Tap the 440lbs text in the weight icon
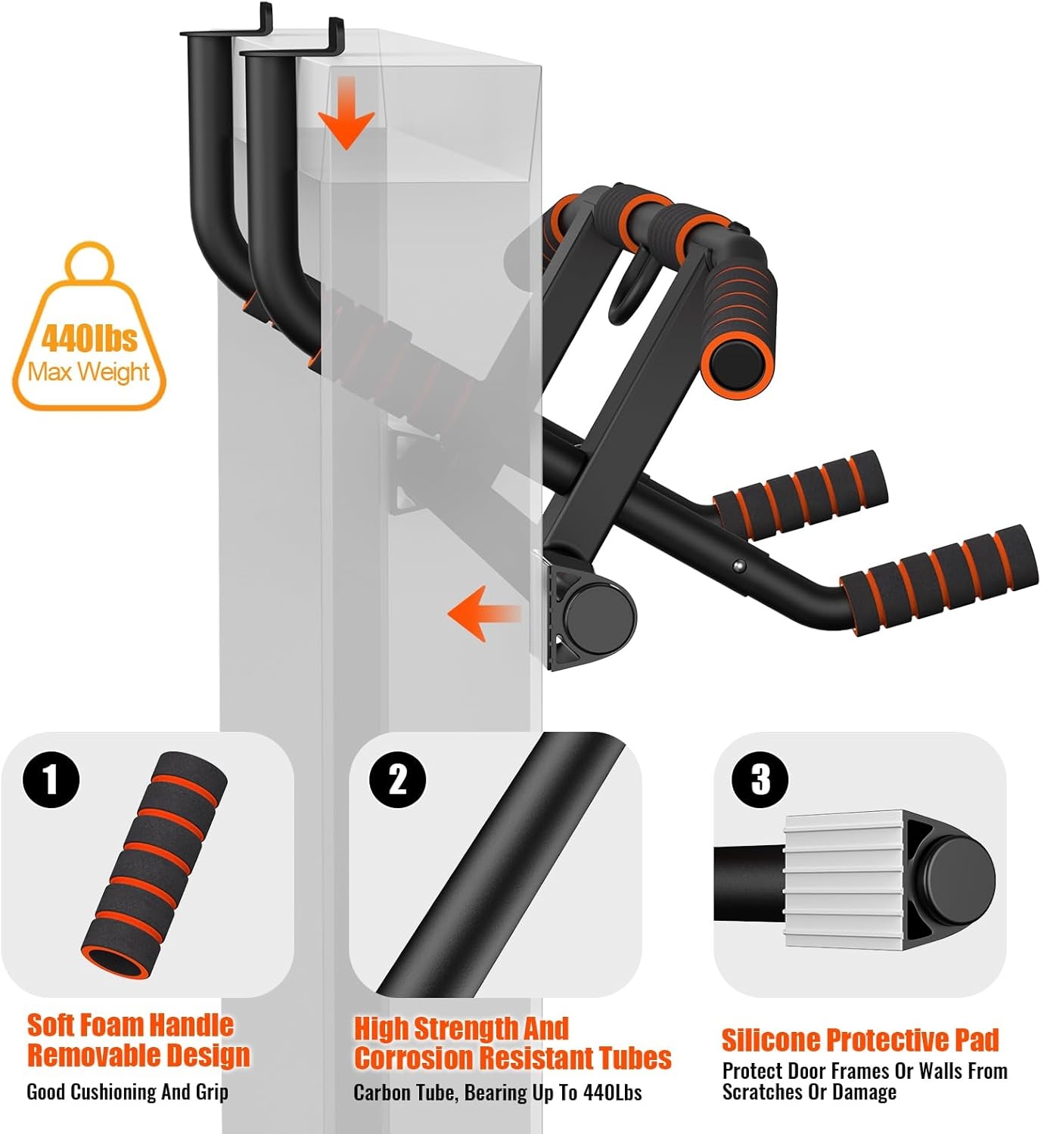[89, 338]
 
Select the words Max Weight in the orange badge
[89, 372]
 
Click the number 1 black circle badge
[51, 779]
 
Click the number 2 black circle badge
[397, 779]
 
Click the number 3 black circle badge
[760, 779]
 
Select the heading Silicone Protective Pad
[860, 1039]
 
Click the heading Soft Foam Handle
[130, 1025]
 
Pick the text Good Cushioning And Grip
[127, 1092]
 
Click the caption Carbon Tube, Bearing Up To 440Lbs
[497, 1092]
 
